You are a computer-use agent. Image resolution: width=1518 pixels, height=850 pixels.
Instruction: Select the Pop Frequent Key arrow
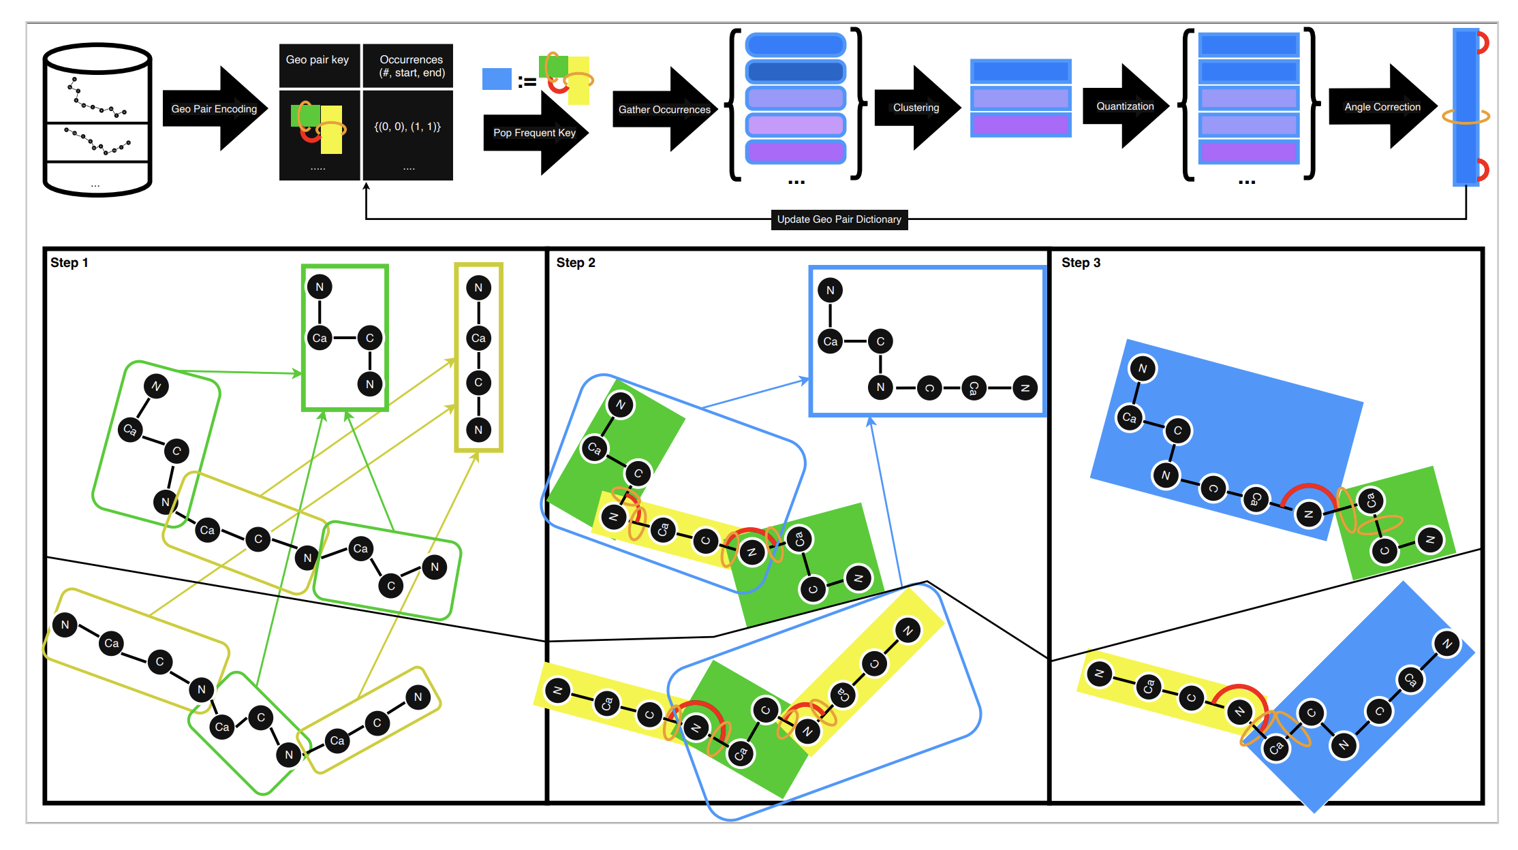point(535,133)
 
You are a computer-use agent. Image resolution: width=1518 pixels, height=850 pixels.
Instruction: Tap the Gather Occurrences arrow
point(664,109)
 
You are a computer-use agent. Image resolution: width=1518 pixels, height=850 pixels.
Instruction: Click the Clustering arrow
point(916,108)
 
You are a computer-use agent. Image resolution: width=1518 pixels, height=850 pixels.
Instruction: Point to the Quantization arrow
point(1125,106)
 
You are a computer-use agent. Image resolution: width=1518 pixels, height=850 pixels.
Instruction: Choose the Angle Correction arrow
point(1382,107)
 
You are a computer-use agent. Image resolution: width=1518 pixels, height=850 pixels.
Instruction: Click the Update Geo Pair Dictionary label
point(839,219)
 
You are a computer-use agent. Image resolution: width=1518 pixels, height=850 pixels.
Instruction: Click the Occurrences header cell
point(411,66)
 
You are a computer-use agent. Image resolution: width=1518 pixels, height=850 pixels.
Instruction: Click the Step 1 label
point(69,263)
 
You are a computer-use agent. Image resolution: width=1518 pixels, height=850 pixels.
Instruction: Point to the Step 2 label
point(576,263)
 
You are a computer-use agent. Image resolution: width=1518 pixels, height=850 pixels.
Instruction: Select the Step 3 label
point(1081,263)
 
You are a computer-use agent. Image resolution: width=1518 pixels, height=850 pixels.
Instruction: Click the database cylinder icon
point(97,121)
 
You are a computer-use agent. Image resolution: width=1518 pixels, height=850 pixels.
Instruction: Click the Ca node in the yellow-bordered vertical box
point(478,338)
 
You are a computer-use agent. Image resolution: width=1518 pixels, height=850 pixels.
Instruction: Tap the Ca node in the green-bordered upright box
point(320,338)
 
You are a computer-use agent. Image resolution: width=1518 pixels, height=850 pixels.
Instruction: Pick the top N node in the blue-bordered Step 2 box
point(830,290)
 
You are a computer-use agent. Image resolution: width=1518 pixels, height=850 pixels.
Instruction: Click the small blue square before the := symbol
point(497,79)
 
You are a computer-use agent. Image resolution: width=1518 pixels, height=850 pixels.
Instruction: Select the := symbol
point(527,82)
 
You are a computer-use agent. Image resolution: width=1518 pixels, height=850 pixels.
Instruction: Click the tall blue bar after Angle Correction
point(1465,107)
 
